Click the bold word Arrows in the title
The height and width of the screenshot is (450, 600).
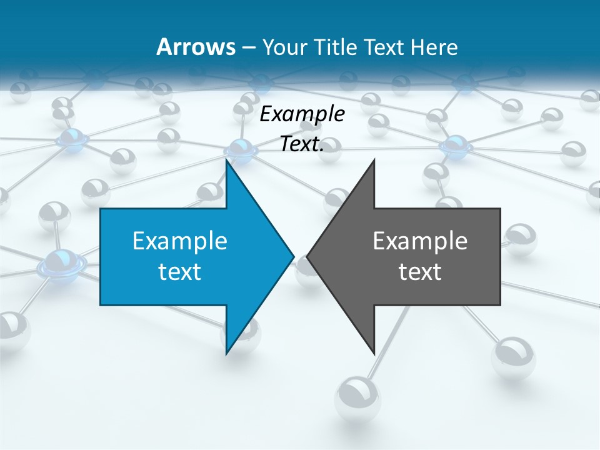(x=195, y=47)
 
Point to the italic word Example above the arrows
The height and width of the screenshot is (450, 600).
(x=302, y=114)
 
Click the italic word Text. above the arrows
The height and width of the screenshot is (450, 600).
(x=302, y=144)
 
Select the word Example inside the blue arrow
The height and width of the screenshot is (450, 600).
(x=180, y=241)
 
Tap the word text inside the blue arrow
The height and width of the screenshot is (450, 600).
(x=180, y=271)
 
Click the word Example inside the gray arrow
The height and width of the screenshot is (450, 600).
(x=420, y=241)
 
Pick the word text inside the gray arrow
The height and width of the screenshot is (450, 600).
(x=420, y=271)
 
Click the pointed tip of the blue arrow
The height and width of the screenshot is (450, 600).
(x=294, y=256)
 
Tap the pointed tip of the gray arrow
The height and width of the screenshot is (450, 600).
(x=307, y=256)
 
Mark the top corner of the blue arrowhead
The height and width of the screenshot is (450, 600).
(x=227, y=161)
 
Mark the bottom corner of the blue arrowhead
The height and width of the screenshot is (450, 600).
(x=227, y=353)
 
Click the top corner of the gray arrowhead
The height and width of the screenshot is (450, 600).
(x=374, y=161)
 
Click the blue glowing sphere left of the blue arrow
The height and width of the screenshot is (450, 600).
(x=61, y=263)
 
